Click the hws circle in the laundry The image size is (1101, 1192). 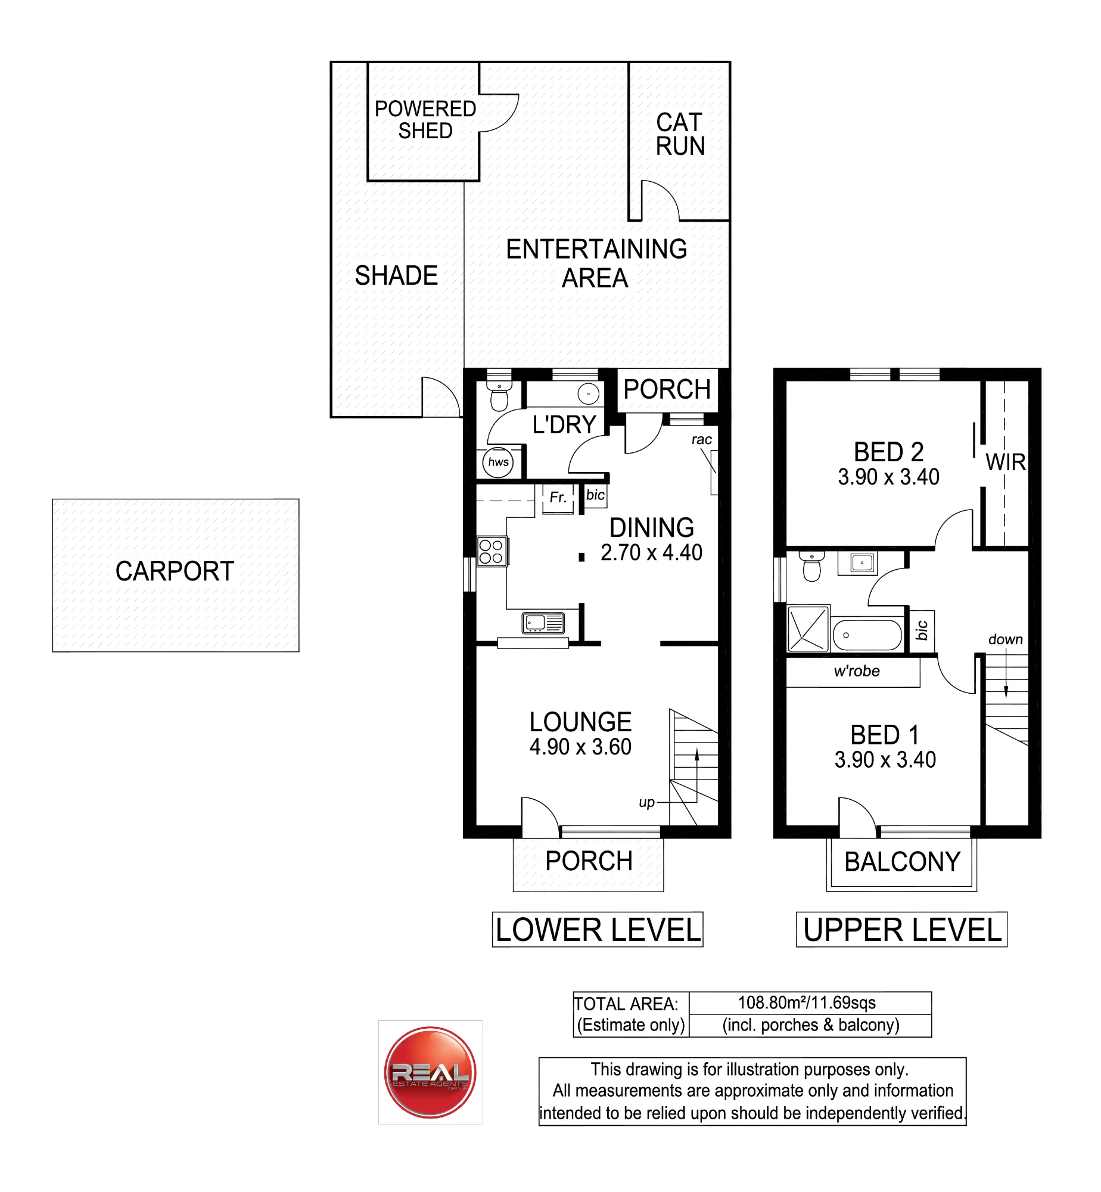498,462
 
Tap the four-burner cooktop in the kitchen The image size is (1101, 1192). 492,551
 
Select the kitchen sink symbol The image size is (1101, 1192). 543,623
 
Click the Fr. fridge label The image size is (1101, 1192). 558,497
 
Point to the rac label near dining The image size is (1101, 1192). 702,440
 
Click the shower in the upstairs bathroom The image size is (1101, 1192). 808,628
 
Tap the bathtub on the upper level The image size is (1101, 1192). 867,635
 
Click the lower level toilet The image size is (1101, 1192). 499,391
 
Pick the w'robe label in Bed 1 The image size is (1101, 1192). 857,671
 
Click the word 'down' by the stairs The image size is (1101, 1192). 1006,640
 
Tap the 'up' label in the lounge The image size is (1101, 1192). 646,803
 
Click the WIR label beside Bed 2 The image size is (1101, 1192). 1006,462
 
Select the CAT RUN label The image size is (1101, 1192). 680,134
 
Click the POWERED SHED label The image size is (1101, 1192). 425,120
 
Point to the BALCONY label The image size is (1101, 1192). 903,862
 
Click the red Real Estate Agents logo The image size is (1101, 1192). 430,1072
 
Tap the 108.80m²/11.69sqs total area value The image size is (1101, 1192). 807,1002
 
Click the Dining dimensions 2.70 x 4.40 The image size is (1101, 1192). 651,552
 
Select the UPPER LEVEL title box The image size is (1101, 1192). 902,929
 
